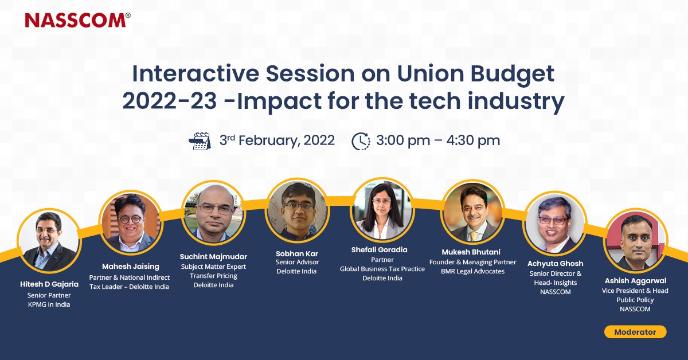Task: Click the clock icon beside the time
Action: click(361, 140)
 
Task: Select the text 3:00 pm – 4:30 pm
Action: click(438, 140)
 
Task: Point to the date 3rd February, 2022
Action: click(277, 140)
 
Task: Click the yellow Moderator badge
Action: click(635, 332)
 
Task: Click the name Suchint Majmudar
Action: click(213, 256)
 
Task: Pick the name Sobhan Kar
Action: click(296, 253)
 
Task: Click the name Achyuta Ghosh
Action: click(555, 263)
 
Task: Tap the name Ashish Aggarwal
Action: click(635, 281)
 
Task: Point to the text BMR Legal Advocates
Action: click(472, 271)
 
